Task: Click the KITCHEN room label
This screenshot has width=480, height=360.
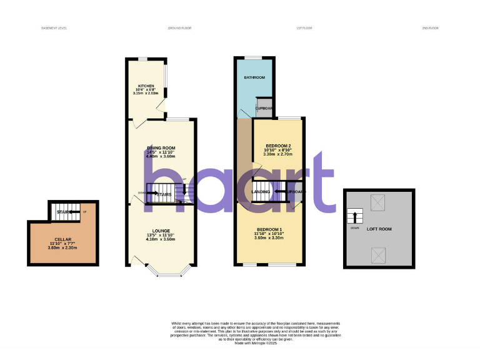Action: coord(146,86)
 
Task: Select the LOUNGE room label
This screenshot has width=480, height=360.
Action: coord(161,231)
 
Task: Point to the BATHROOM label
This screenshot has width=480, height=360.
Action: coord(254,77)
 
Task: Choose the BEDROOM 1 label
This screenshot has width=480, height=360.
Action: coord(269,229)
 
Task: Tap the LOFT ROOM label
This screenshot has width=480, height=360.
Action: coord(379,229)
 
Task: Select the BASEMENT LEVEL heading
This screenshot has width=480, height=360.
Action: coord(54,28)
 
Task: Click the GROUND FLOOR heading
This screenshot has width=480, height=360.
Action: coord(180,28)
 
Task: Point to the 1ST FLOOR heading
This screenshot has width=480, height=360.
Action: coord(304,28)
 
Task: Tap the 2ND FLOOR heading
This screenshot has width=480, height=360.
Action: coord(431,28)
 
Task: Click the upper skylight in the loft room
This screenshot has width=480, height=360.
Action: coord(379,201)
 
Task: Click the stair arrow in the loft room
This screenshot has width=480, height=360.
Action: coord(355,217)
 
